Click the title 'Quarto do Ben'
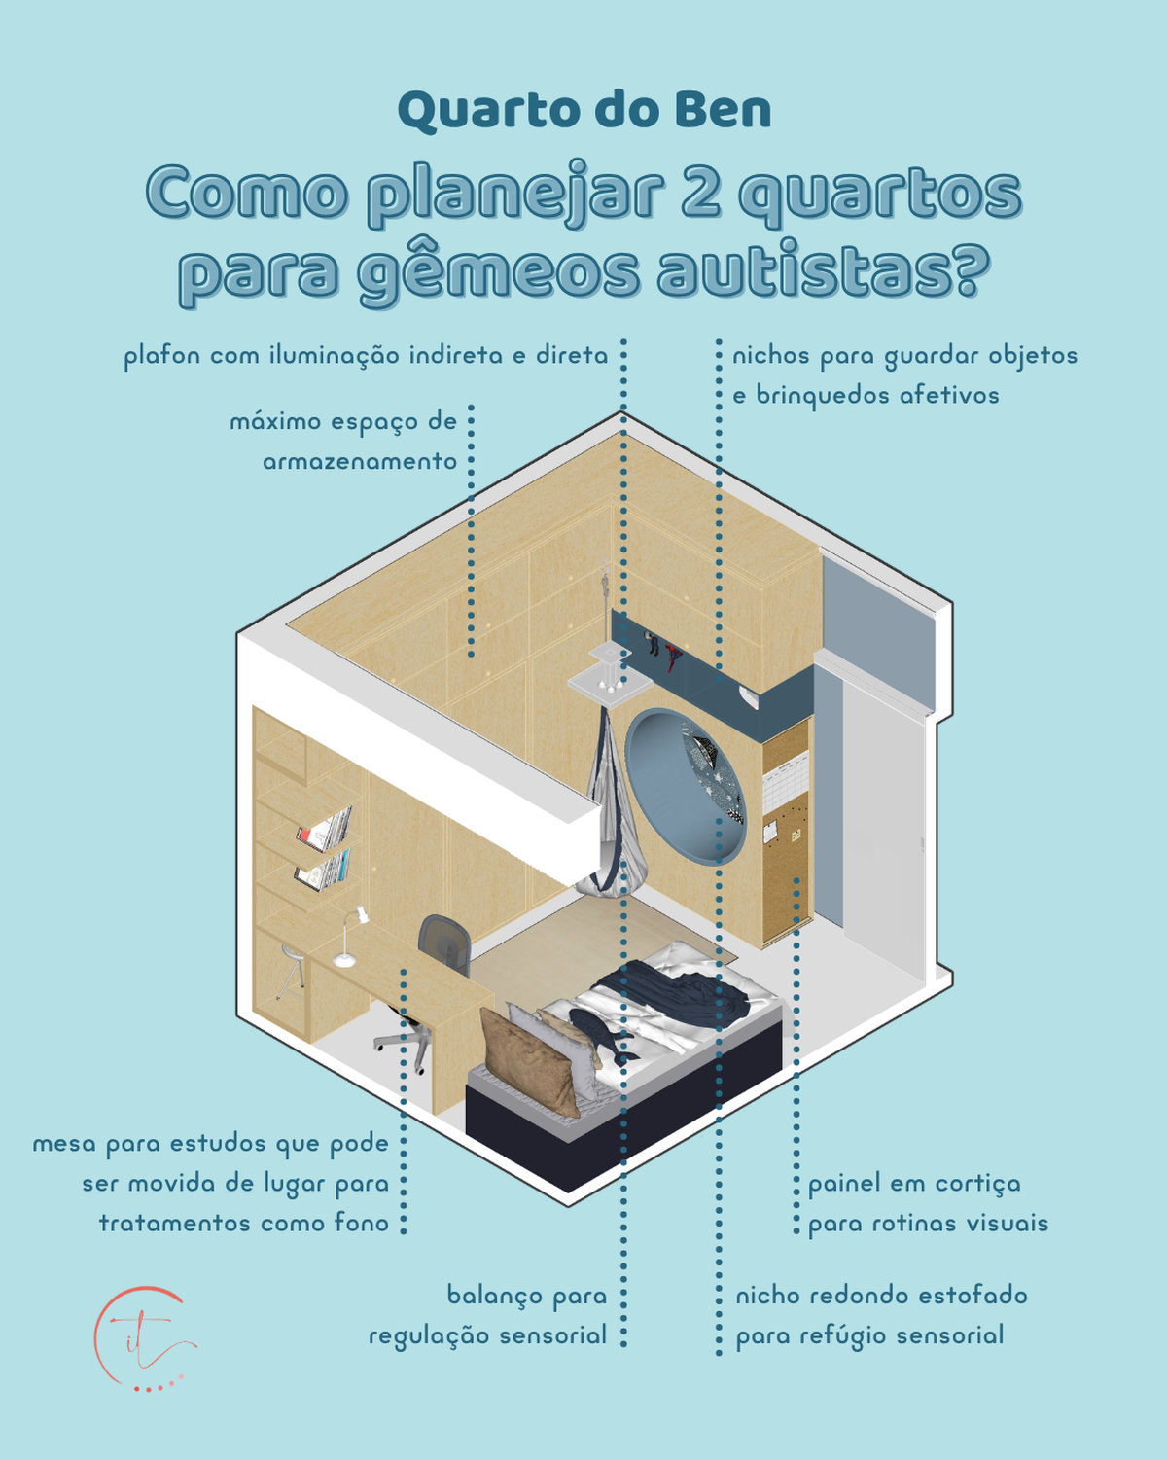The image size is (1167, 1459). coord(583,111)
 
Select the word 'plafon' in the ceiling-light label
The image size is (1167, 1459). coord(161,357)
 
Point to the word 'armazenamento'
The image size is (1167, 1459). coord(360,462)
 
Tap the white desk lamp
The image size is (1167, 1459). coord(350,937)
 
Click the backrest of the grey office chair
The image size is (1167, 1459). coord(445,942)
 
